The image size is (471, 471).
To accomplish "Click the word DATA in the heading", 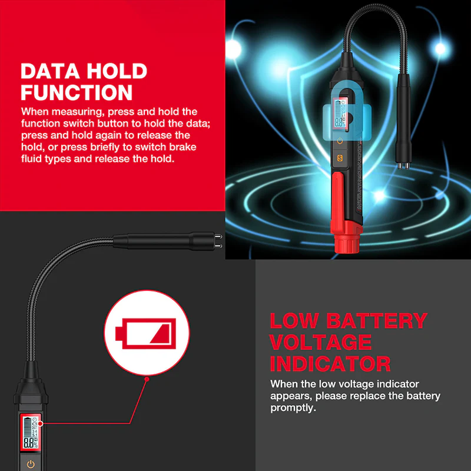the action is [50, 71].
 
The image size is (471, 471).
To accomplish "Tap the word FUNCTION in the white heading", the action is [77, 92].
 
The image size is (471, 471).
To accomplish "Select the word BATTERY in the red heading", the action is [377, 321].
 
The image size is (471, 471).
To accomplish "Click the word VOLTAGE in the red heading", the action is [320, 342].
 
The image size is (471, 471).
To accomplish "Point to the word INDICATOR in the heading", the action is [330, 364].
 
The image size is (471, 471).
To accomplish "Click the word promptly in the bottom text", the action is [293, 408].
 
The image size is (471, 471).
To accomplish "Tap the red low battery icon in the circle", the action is [145, 333].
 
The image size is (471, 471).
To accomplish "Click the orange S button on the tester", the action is [340, 158].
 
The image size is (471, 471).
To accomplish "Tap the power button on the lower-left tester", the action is [31, 464].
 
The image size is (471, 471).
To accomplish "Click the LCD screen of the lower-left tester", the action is [31, 432].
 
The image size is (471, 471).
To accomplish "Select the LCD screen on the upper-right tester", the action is [340, 114].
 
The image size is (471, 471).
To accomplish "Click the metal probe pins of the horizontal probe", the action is [218, 241].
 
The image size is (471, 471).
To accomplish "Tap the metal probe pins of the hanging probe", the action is [403, 166].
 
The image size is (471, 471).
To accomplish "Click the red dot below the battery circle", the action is [147, 379].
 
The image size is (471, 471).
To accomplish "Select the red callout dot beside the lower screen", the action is [41, 423].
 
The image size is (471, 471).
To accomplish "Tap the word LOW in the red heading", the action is [294, 321].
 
